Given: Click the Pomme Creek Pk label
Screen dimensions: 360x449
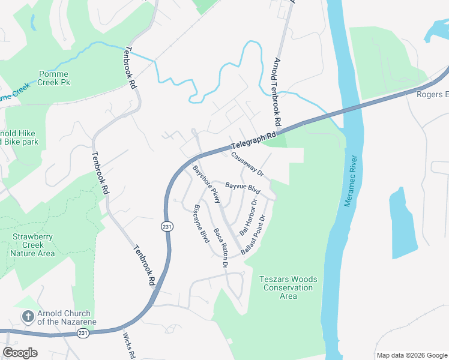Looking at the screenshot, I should pos(55,78).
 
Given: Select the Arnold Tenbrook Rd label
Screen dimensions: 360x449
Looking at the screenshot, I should pos(277,92).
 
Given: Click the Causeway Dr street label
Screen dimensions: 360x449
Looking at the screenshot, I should pos(247,163).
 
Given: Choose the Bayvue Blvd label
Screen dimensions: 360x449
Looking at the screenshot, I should pos(242,187).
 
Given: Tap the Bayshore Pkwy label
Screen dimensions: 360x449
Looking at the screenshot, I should pos(206,184).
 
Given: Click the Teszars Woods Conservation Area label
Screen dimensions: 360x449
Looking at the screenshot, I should pos(288,287).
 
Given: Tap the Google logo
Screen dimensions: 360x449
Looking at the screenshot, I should pos(20,353).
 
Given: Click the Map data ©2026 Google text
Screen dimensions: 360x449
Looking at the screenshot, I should pos(411,355).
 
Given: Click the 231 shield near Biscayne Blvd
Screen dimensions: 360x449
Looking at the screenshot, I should pos(166,226).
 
